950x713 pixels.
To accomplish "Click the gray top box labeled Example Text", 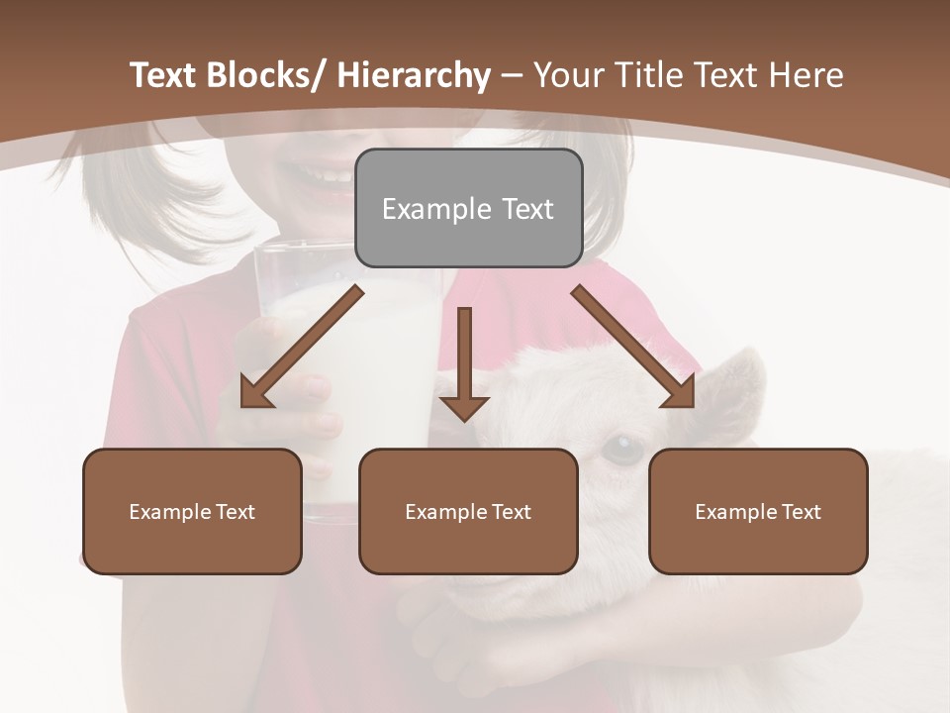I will coord(468,209).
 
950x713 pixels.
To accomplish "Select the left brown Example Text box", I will coord(192,511).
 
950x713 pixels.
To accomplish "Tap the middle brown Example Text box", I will coord(468,511).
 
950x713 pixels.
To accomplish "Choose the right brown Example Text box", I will coord(758,511).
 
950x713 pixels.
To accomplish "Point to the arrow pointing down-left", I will coord(302,347).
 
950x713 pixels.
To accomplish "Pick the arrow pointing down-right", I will coord(633,347).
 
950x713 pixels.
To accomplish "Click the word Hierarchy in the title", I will coord(413,75).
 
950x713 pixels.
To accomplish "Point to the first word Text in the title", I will coord(163,75).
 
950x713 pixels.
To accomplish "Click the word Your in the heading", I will coord(567,75).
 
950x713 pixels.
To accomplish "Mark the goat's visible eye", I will coord(622,451).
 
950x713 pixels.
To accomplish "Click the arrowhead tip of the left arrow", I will coord(244,404).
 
